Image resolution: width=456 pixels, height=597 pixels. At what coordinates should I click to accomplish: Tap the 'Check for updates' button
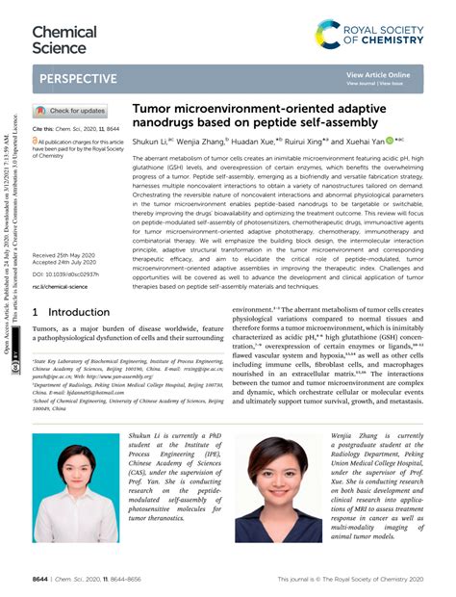(x=72, y=111)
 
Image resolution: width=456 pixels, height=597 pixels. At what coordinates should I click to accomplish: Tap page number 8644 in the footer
(x=41, y=581)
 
